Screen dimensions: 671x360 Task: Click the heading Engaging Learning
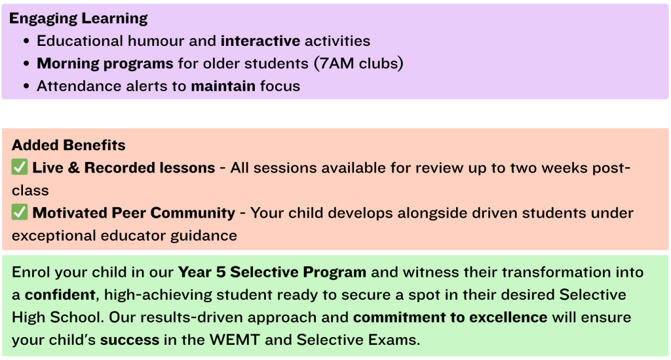point(79,18)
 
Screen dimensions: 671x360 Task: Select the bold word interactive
point(261,41)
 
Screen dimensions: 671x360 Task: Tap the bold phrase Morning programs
point(105,64)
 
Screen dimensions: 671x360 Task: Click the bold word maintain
point(223,86)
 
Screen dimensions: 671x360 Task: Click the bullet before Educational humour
point(26,41)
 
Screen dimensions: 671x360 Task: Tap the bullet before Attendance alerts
point(26,87)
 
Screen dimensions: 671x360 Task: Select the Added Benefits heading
point(68,145)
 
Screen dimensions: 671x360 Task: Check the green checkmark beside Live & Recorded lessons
point(20,167)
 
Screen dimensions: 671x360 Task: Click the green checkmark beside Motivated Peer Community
point(20,212)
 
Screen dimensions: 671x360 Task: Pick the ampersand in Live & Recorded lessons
point(73,168)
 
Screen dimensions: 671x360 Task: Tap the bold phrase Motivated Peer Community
point(134,213)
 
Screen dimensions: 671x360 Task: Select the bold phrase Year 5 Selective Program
point(272,272)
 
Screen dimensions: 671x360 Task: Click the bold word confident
point(60,295)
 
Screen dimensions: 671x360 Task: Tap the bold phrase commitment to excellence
point(450,317)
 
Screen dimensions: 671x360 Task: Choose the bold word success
point(130,340)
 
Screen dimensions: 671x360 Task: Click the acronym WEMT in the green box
point(235,340)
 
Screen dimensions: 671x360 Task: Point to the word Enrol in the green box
point(31,272)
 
